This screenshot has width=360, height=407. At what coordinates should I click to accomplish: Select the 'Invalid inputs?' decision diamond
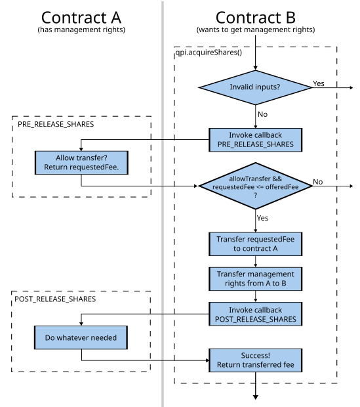[x=256, y=87]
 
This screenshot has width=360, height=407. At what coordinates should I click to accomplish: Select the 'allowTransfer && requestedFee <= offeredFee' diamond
[x=256, y=186]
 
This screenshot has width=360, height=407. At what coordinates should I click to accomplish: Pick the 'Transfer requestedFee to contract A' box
[x=256, y=244]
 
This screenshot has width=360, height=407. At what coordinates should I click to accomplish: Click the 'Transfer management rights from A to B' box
[x=256, y=279]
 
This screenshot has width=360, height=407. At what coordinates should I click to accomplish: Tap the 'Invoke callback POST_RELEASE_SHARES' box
[x=256, y=314]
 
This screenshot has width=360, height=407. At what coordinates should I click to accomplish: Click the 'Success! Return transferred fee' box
[x=256, y=360]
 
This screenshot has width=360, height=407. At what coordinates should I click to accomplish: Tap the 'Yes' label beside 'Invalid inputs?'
[x=319, y=83]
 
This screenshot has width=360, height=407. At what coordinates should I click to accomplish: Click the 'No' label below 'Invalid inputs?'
[x=263, y=114]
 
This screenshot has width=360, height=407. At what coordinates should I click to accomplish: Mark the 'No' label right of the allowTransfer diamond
[x=318, y=181]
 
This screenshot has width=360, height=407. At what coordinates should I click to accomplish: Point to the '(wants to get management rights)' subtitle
[x=255, y=31]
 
